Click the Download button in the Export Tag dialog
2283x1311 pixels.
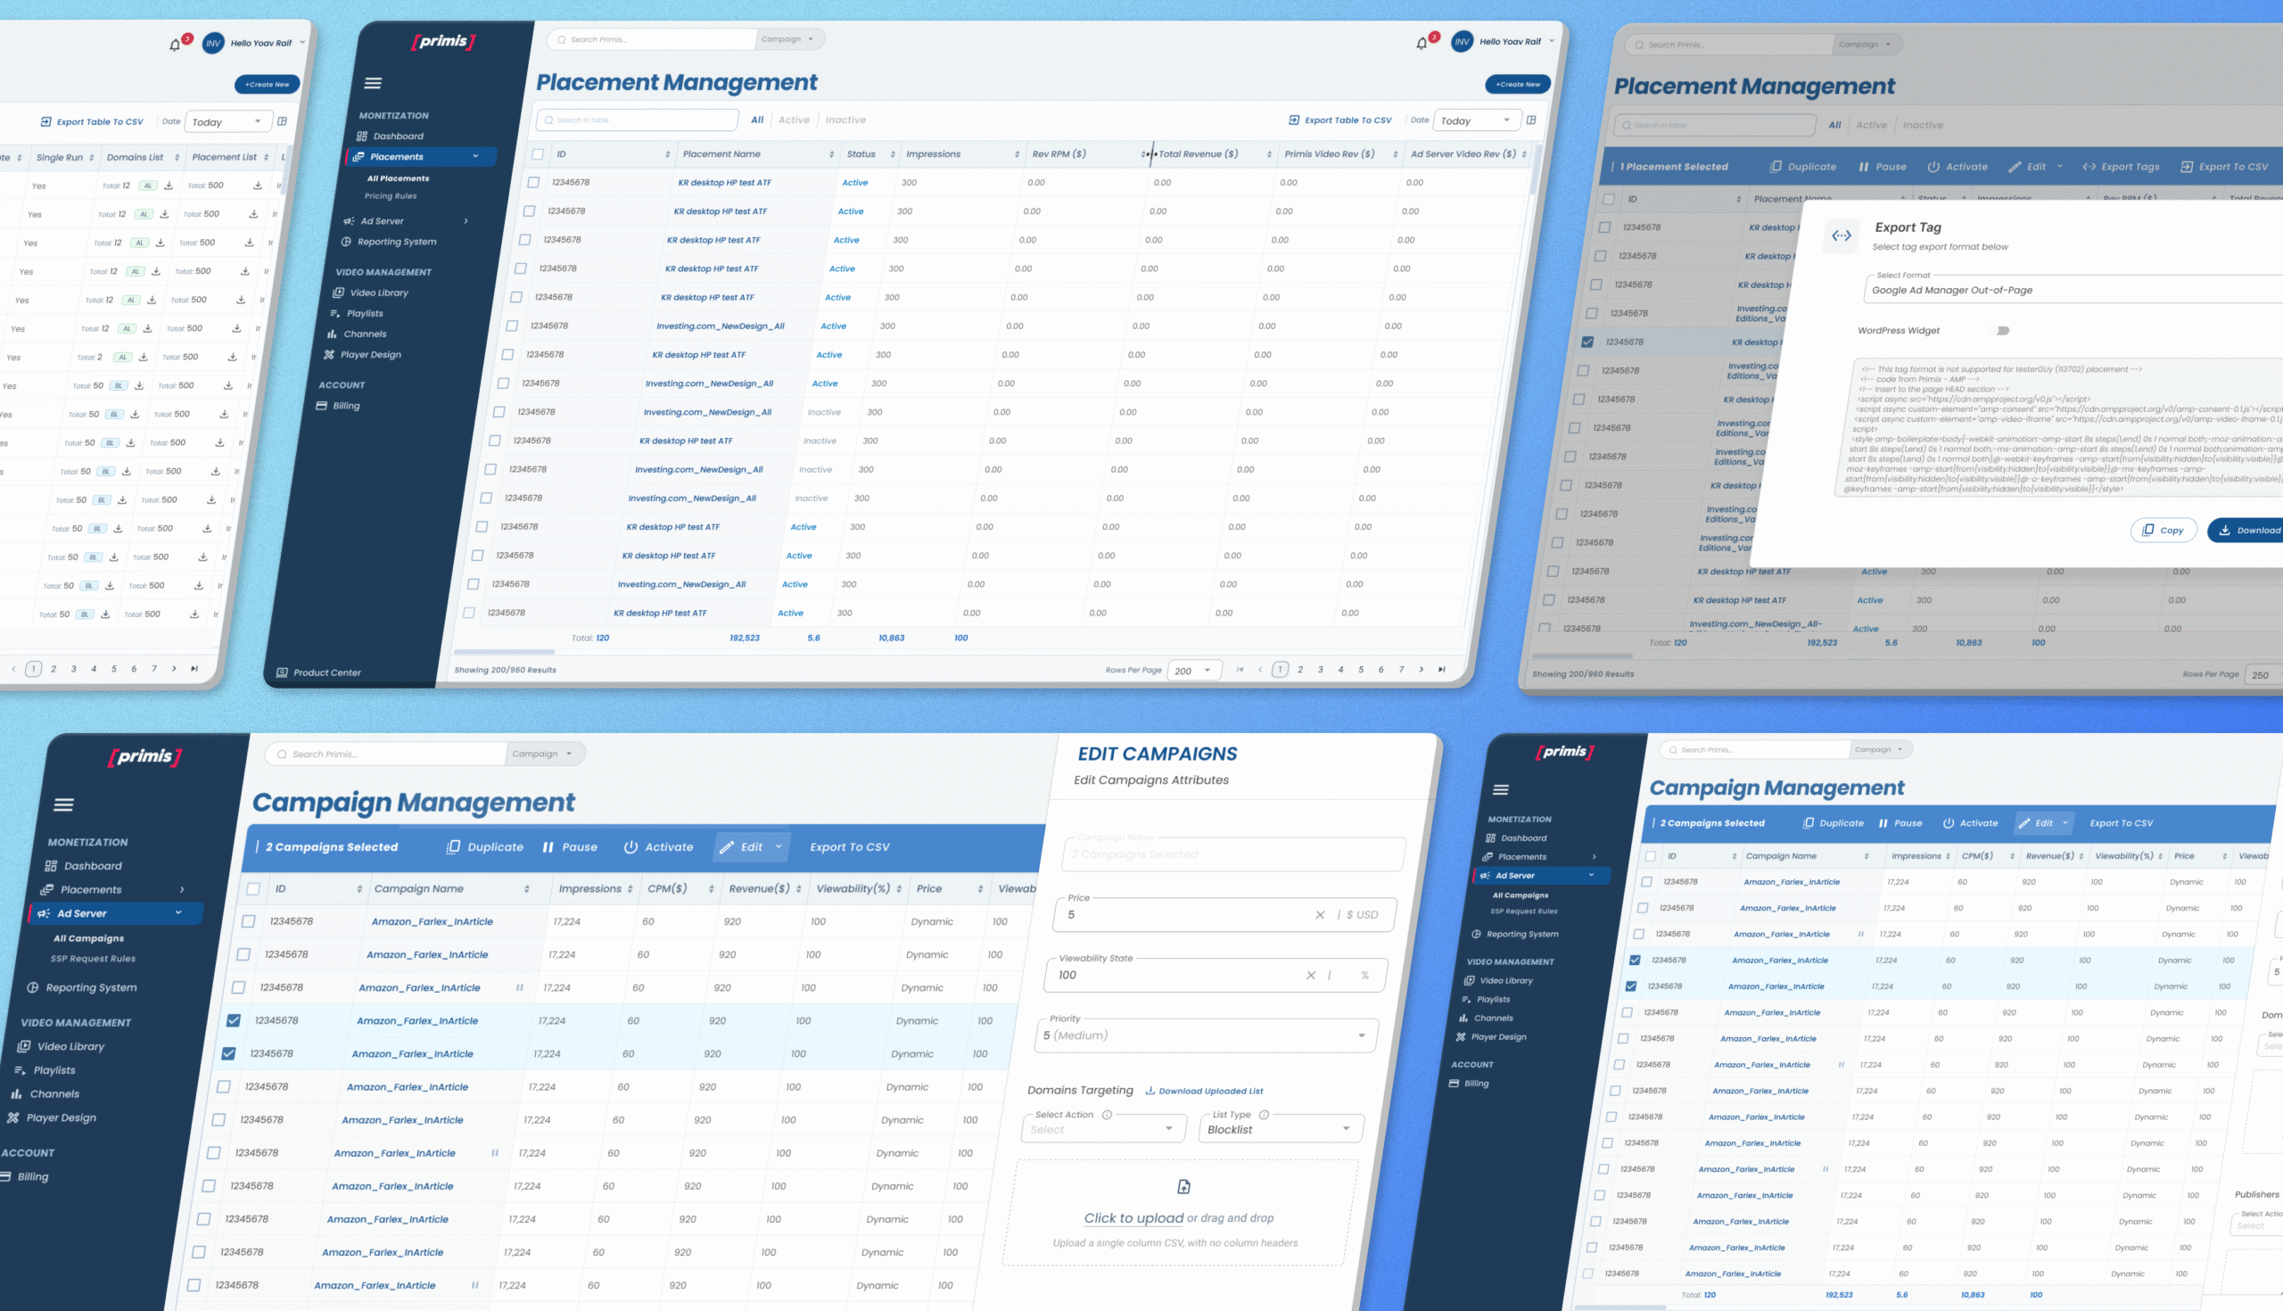[x=2250, y=531]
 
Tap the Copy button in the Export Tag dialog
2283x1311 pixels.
[x=2163, y=531]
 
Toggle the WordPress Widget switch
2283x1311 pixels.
[x=1999, y=331]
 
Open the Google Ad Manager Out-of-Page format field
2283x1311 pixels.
[x=2071, y=290]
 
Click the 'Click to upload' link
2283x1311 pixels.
[x=1133, y=1218]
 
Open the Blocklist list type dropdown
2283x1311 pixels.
[x=1279, y=1129]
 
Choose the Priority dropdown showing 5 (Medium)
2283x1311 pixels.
[x=1205, y=1035]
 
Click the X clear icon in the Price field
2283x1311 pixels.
[x=1320, y=915]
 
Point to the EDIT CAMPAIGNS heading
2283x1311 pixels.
[x=1157, y=754]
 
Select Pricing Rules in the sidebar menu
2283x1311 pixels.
[x=390, y=196]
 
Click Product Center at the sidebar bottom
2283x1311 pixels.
[x=326, y=672]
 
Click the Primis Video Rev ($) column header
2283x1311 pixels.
[x=1329, y=154]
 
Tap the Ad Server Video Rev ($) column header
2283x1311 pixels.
[x=1462, y=154]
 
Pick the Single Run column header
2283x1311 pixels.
[x=60, y=158]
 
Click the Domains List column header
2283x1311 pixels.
[x=135, y=158]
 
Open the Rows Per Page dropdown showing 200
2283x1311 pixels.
[x=1195, y=671]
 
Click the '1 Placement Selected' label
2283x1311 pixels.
[x=1674, y=167]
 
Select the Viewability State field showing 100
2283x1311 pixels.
[x=1179, y=975]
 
